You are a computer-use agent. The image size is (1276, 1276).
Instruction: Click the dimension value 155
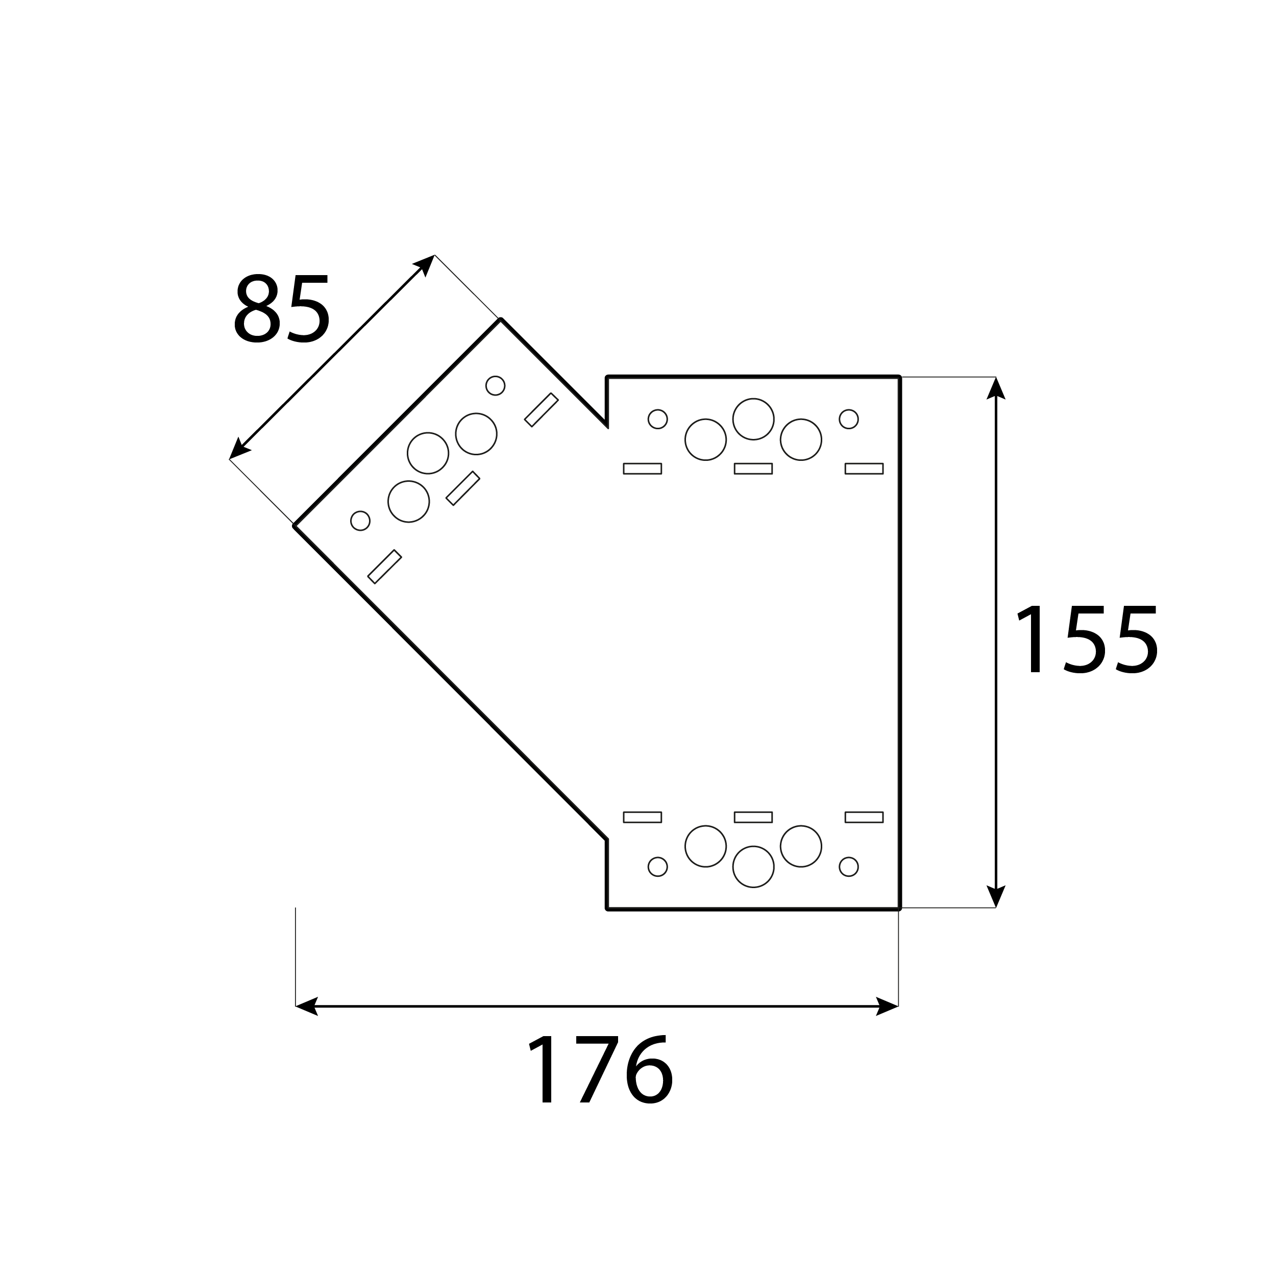[1087, 640]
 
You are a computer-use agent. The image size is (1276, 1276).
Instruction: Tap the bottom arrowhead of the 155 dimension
[995, 896]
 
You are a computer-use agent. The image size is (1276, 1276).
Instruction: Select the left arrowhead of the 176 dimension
[306, 1006]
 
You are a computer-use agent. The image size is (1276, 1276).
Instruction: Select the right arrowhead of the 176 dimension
[887, 1006]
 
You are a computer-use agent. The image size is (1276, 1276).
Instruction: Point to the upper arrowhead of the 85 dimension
[425, 264]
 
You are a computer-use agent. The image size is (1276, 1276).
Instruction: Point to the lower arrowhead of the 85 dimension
[238, 449]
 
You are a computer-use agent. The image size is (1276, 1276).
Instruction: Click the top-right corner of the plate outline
[899, 377]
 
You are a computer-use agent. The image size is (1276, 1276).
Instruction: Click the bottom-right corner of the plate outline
[899, 910]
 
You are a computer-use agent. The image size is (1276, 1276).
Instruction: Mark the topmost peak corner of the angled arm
[501, 320]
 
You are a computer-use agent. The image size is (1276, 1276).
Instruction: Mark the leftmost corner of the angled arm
[295, 526]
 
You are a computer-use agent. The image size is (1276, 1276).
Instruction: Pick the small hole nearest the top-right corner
[849, 419]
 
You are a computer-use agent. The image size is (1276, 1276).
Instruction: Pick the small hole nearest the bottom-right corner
[849, 867]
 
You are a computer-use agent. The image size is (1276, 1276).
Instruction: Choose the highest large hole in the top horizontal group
[753, 419]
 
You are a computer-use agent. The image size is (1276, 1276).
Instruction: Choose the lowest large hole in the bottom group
[753, 867]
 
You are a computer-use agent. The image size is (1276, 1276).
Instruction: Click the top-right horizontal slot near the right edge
[864, 468]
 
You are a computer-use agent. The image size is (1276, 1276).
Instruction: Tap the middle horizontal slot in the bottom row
[753, 817]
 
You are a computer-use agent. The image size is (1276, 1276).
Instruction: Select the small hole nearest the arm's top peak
[495, 386]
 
